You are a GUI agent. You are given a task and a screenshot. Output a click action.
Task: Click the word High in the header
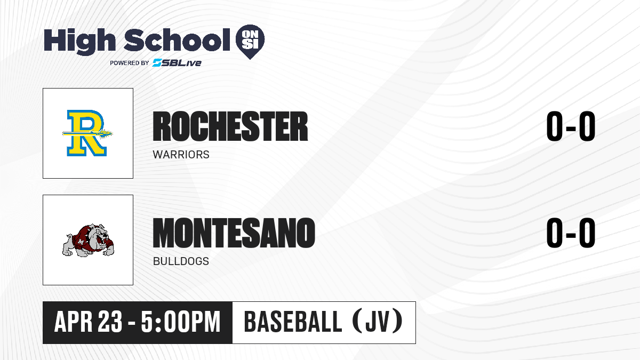[79, 41]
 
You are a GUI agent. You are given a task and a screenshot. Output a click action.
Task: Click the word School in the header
[177, 39]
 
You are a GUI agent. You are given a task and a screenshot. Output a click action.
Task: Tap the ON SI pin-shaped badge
[250, 42]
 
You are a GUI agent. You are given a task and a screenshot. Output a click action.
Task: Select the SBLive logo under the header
[177, 63]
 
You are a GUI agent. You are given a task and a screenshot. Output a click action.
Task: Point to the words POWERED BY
[130, 63]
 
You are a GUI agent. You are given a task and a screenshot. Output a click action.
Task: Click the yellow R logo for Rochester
[87, 133]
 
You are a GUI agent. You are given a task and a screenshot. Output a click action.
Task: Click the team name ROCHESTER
[230, 126]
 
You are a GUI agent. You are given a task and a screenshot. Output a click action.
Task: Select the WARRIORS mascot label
[181, 155]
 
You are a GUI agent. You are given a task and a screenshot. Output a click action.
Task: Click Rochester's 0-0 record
[571, 126]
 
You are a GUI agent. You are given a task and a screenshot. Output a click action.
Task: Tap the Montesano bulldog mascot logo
[88, 240]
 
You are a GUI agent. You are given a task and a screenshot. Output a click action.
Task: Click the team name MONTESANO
[234, 233]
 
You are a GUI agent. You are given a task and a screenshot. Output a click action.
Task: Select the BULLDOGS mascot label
[181, 261]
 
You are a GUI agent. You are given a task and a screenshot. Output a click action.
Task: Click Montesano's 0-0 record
[571, 233]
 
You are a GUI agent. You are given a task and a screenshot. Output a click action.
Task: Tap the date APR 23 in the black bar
[89, 322]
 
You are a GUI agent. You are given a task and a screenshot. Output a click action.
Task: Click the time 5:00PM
[181, 322]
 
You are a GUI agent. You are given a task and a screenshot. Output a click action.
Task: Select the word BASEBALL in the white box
[293, 322]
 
